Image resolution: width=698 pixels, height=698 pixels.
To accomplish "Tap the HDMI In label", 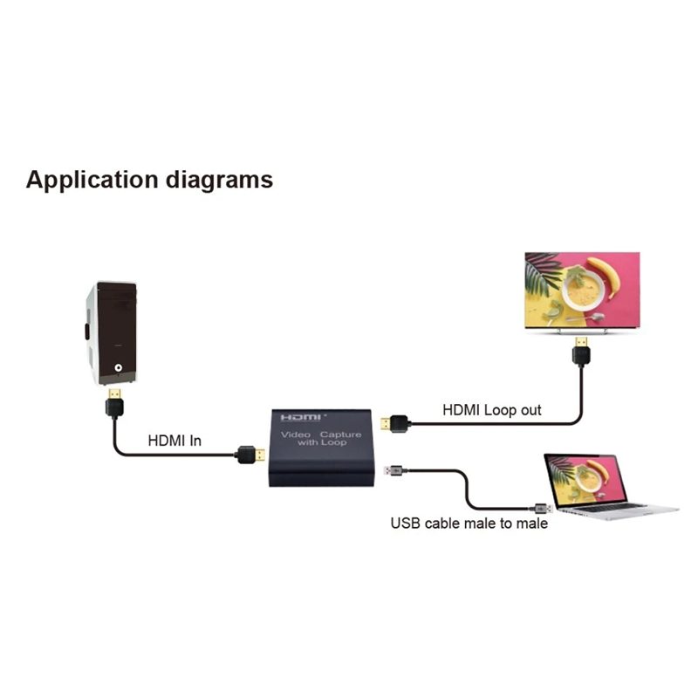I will pyautogui.click(x=174, y=441).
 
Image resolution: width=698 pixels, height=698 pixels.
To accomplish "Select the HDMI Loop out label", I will pyautogui.click(x=492, y=409).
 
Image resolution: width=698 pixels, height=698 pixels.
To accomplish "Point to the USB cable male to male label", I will pyautogui.click(x=469, y=523).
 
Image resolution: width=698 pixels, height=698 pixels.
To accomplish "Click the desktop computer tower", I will pyautogui.click(x=111, y=332).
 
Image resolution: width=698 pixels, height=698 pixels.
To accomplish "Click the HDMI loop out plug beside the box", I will pyautogui.click(x=393, y=425).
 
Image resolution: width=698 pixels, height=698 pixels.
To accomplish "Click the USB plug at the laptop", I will pyautogui.click(x=537, y=507).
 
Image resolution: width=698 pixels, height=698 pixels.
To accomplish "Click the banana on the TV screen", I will pyautogui.click(x=604, y=274).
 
